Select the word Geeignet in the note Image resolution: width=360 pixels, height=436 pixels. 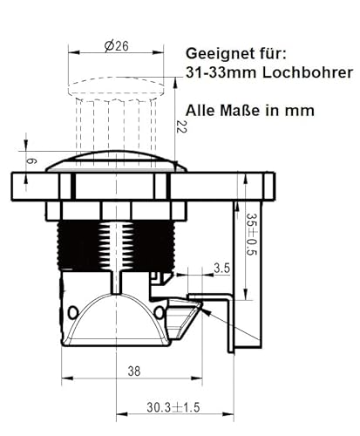pyautogui.click(x=219, y=51)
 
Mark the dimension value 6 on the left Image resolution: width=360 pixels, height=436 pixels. pyautogui.click(x=32, y=162)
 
